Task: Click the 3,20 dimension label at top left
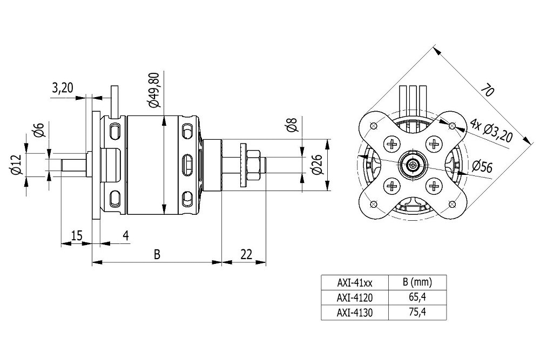click(x=63, y=88)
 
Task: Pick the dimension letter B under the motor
click(x=157, y=254)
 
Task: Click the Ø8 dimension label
click(x=292, y=125)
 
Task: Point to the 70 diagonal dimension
click(x=487, y=90)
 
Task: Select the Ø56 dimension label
click(x=482, y=167)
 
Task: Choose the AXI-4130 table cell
click(x=355, y=312)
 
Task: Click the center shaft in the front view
click(x=413, y=165)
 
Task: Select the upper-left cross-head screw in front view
click(x=391, y=144)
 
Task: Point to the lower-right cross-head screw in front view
click(x=435, y=186)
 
